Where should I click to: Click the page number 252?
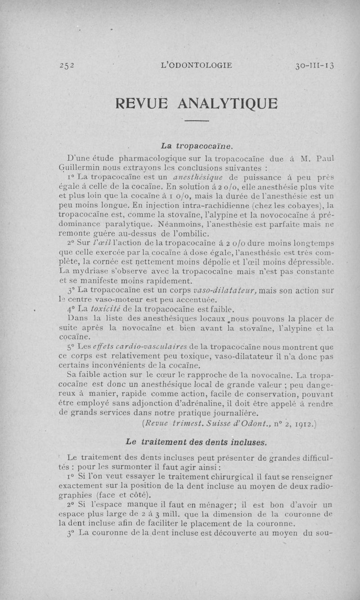pos(67,65)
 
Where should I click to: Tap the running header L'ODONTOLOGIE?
pos(197,65)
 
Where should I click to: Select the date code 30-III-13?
pos(315,65)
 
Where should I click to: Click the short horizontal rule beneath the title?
pos(197,121)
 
